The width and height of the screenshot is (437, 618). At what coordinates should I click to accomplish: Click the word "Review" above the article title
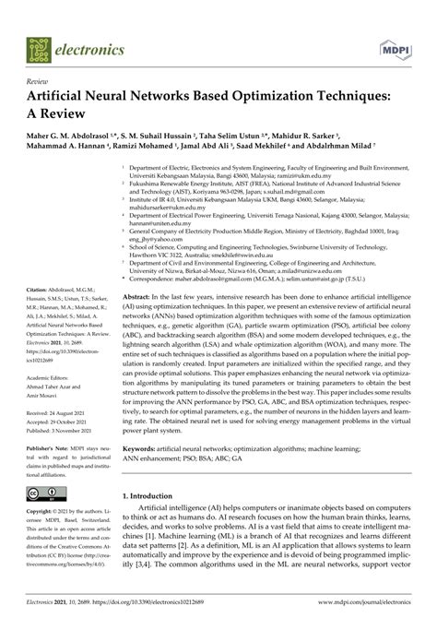pos(41,83)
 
